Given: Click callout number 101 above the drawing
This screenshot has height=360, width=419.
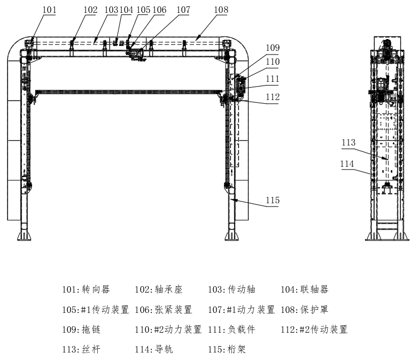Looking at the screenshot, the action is pyautogui.click(x=49, y=10).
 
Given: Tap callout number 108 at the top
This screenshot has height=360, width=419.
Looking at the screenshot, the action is pyautogui.click(x=221, y=10).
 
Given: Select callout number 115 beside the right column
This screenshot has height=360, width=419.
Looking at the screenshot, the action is pyautogui.click(x=273, y=200).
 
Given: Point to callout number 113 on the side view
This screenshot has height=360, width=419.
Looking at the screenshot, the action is pyautogui.click(x=348, y=142).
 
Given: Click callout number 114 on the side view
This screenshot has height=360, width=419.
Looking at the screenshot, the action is pyautogui.click(x=347, y=164).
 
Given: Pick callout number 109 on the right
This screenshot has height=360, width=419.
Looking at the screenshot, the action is pyautogui.click(x=273, y=48).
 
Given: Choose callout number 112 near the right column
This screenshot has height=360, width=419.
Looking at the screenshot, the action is pyautogui.click(x=273, y=97).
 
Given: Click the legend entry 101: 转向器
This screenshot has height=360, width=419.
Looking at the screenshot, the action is pyautogui.click(x=86, y=289).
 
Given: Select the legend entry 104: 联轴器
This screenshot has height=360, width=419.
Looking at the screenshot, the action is pyautogui.click(x=305, y=289).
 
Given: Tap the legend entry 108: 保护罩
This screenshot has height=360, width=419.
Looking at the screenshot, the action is pyautogui.click(x=305, y=309).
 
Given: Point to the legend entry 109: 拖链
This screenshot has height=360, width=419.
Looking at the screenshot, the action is pyautogui.click(x=81, y=330).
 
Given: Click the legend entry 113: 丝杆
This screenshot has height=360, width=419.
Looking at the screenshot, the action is pyautogui.click(x=81, y=349).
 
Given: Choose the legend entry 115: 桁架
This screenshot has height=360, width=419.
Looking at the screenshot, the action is pyautogui.click(x=227, y=349).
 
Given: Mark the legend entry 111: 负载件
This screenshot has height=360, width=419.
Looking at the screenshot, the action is pyautogui.click(x=232, y=330).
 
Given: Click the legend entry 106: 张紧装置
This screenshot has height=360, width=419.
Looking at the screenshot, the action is pyautogui.click(x=164, y=309).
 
